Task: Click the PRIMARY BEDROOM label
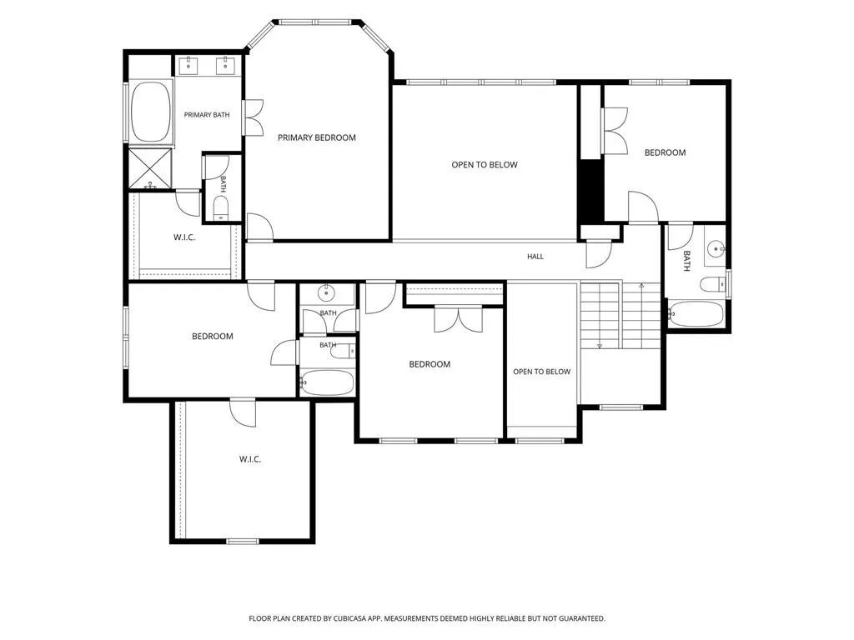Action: tap(316, 137)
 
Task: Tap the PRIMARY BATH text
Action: tap(207, 115)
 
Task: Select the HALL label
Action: tap(535, 257)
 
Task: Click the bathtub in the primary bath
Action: tap(151, 112)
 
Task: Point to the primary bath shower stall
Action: tap(150, 168)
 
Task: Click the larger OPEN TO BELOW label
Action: tap(485, 165)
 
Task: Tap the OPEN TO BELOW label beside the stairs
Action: tap(542, 372)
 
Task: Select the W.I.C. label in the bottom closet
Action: tap(250, 459)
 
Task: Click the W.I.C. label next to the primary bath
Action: tap(184, 237)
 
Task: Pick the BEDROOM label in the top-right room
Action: tap(665, 153)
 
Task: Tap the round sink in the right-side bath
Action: tap(716, 249)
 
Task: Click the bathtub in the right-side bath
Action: tap(696, 314)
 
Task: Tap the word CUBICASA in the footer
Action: tap(352, 619)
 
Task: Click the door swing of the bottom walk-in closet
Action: tap(243, 413)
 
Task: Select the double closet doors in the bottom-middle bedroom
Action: tap(458, 319)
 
